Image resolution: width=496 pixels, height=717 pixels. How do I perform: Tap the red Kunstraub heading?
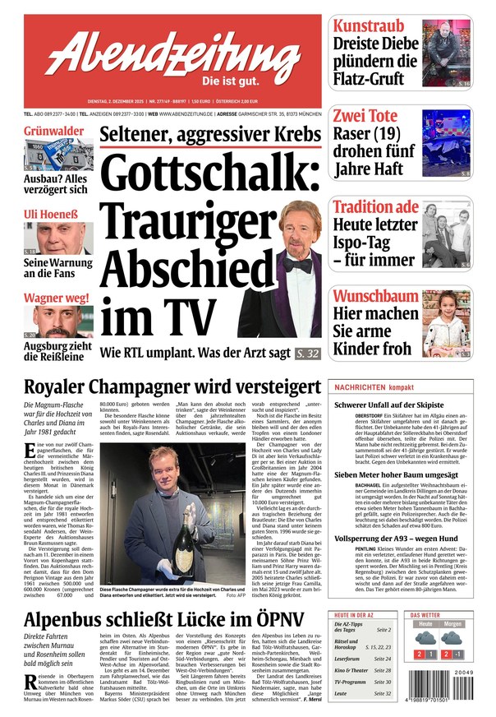tap(370, 25)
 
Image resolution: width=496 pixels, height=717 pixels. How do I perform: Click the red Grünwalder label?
tap(53, 131)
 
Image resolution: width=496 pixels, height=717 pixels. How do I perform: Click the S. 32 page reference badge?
tap(307, 354)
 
